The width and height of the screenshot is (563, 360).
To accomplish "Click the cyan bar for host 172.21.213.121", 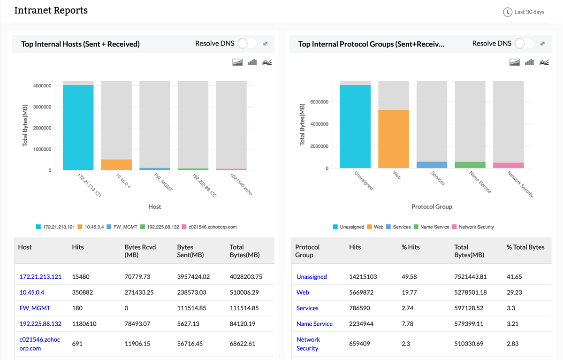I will tap(78, 127).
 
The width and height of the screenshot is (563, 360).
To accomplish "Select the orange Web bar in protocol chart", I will tap(393, 139).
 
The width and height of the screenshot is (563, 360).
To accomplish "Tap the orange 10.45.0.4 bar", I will tap(116, 165).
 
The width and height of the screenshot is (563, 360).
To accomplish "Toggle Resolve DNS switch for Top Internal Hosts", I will tap(247, 44).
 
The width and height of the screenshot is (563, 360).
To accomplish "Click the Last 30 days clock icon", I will tap(507, 12).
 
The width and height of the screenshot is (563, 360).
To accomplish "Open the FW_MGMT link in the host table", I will tap(35, 308).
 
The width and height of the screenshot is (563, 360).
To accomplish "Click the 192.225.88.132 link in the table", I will tap(40, 324).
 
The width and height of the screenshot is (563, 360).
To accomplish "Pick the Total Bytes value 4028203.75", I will tap(246, 277).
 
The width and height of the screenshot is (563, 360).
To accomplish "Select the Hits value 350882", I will tap(83, 292).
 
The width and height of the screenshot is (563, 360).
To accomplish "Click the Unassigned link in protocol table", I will tap(312, 277).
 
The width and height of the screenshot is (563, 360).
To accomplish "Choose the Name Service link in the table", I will tap(314, 324).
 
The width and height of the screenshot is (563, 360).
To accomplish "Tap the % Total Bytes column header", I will tap(525, 247).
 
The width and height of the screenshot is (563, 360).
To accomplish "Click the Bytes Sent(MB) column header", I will tap(190, 251).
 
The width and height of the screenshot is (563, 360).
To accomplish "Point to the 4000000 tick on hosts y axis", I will tap(43, 86).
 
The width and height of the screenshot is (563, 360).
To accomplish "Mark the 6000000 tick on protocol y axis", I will tap(319, 102).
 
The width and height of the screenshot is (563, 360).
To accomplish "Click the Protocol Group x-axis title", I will tap(432, 207).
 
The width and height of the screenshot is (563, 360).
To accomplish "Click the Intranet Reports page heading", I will tap(51, 10).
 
